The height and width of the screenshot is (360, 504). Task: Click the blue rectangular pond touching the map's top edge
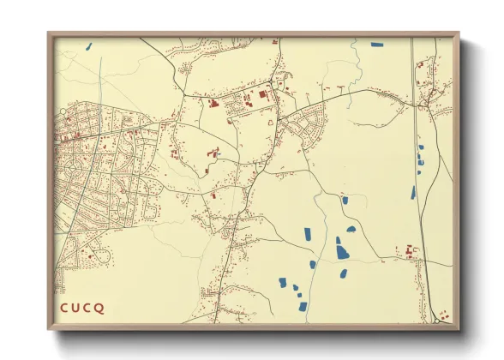377,43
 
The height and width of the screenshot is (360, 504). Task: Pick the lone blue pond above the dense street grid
88,46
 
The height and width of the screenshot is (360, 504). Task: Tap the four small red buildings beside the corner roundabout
443,314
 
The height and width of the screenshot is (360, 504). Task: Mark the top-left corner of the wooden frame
49,34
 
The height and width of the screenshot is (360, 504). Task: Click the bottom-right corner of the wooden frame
458,328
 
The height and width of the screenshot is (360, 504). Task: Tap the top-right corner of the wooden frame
458,34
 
